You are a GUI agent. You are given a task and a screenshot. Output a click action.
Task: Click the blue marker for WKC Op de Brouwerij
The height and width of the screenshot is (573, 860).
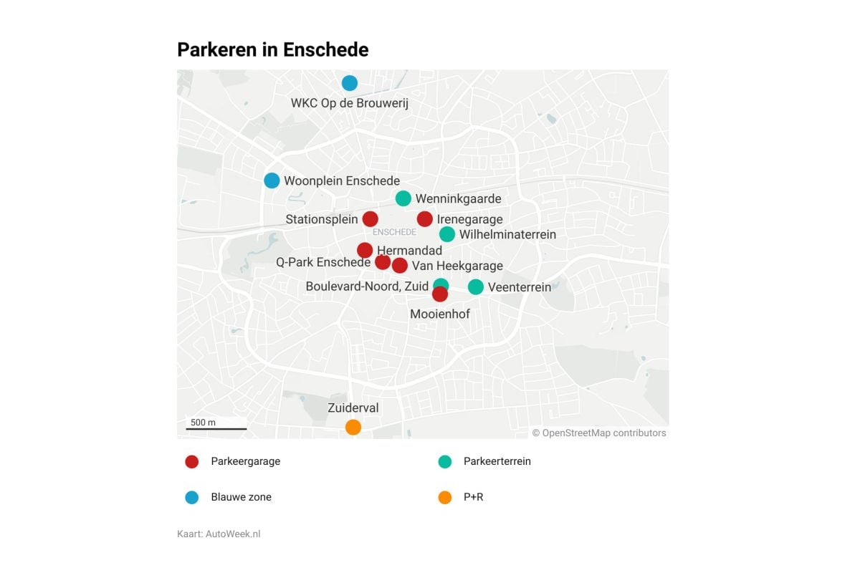pos(349,83)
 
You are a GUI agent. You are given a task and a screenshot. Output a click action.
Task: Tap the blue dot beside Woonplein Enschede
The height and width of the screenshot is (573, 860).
pos(272,180)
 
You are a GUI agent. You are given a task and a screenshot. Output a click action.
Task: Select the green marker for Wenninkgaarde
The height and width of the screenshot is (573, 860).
pos(403,198)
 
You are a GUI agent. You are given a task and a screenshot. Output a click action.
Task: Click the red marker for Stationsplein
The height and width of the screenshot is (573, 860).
pos(370,219)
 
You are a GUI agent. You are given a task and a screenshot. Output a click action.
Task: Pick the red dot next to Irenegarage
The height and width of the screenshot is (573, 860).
pos(425,219)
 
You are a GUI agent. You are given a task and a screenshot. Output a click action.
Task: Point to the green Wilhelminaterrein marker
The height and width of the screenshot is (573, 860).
pos(447,234)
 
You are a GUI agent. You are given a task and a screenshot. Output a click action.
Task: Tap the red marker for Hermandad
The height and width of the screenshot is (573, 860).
pos(365,250)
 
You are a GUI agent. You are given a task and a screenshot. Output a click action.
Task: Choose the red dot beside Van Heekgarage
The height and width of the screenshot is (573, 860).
pos(400,266)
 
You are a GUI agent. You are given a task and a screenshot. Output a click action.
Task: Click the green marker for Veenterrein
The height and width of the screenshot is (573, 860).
pos(476,287)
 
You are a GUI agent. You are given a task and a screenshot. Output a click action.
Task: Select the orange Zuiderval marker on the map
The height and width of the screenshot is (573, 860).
pos(353,427)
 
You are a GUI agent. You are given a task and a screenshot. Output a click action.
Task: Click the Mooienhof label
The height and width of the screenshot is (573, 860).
pos(440,314)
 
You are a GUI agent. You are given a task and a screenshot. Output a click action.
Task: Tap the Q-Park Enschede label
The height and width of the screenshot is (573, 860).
pos(323,262)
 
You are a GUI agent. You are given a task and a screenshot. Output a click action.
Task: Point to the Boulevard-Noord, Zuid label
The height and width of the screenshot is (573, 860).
pos(367,286)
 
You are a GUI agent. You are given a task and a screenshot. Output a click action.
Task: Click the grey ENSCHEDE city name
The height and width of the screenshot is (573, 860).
pos(395,232)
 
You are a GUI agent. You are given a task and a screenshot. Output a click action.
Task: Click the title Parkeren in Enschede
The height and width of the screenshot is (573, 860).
pos(273,49)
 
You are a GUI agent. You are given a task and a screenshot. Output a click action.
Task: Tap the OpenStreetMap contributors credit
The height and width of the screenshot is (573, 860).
pos(599,433)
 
